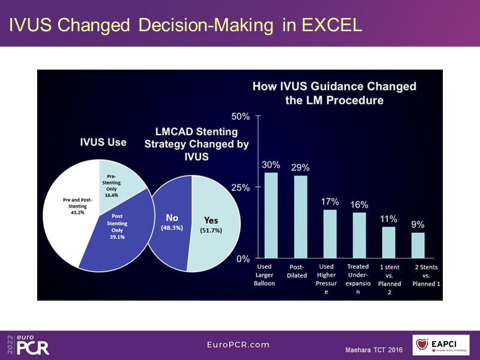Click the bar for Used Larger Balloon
coord(271,215)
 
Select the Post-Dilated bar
coord(301,217)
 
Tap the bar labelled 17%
coord(330,234)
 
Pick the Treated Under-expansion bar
coord(359,236)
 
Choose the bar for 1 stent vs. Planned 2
coord(389,243)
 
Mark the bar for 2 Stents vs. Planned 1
coord(418,246)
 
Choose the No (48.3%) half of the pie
coord(170,222)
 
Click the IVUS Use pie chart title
coord(103,142)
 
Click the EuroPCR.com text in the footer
coord(238,344)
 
